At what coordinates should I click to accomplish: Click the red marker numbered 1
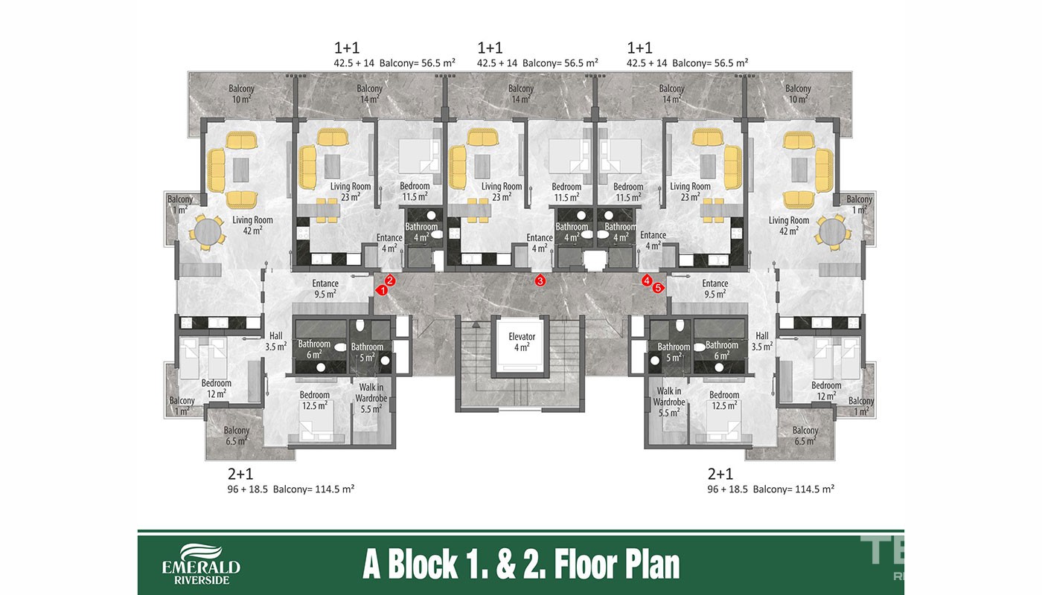382,291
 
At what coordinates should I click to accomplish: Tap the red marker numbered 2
390,280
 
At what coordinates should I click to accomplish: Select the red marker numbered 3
540,280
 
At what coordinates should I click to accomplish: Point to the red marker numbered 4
647,280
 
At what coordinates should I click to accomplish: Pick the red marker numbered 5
658,288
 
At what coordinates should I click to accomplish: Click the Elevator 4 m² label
522,341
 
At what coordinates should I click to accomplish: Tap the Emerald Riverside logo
201,564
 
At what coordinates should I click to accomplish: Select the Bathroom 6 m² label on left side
314,349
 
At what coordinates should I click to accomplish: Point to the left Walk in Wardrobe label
371,398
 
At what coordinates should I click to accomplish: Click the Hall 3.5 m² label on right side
762,341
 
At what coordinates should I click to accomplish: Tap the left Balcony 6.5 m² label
237,436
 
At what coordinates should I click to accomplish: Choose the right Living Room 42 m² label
788,225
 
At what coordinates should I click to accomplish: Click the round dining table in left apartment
207,231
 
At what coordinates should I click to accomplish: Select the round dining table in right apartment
832,231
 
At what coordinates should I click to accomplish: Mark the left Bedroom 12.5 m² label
314,400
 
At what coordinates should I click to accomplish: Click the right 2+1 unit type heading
720,474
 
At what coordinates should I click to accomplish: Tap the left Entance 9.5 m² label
325,289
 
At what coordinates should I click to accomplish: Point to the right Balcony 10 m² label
798,94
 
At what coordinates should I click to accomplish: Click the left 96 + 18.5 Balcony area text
291,489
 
